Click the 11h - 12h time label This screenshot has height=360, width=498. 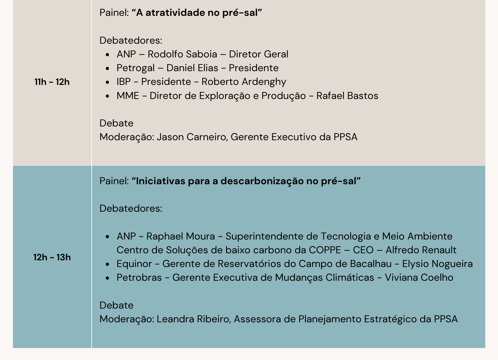[52, 82]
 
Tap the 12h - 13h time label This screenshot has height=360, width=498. [52, 257]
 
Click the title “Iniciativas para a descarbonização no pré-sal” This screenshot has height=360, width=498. [246, 181]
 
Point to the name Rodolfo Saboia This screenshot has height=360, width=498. [182, 54]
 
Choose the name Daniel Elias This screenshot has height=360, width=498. [192, 68]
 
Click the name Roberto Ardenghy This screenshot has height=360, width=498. [244, 82]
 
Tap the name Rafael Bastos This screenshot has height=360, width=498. [347, 96]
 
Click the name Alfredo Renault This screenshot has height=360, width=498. [421, 250]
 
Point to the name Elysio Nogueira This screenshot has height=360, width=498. [437, 264]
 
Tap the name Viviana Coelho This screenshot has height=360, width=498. [419, 278]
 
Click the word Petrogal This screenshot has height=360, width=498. [136, 68]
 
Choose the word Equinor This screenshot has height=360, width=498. [134, 264]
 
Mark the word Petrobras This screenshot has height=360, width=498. [139, 278]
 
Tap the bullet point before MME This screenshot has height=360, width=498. [107, 96]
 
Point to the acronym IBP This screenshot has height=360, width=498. [124, 82]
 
